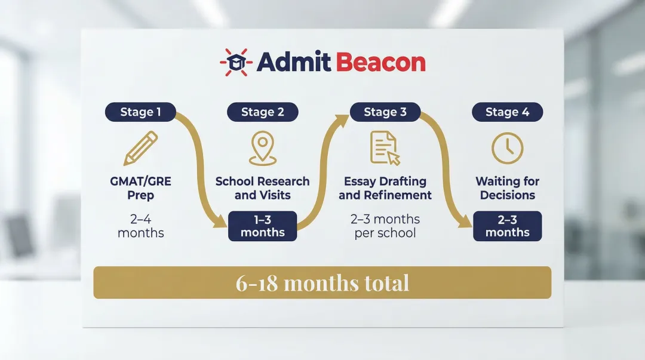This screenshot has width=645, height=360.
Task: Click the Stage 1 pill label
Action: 140,112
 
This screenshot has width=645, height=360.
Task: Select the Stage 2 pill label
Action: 262,112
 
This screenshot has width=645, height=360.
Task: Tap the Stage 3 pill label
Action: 385,112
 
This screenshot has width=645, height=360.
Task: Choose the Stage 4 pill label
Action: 507,112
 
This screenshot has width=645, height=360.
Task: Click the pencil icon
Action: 140,149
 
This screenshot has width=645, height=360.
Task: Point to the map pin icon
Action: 262,148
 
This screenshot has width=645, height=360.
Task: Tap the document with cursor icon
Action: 385,148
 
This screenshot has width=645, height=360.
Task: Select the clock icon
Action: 507,148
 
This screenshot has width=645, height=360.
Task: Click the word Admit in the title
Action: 293,62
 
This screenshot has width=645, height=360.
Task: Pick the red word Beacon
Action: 380,62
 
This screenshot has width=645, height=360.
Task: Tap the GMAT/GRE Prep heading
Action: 140,188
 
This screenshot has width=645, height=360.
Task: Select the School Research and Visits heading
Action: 262,188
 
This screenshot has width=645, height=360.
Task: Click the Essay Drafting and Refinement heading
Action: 385,188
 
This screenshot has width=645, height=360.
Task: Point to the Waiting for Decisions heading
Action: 507,188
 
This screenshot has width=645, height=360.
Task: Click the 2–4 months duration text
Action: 140,226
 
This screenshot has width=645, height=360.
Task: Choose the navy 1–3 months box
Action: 262,226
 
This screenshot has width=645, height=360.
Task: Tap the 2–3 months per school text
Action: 385,226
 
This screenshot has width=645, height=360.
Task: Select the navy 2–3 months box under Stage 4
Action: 507,226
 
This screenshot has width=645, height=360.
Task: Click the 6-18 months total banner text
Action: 322,282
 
